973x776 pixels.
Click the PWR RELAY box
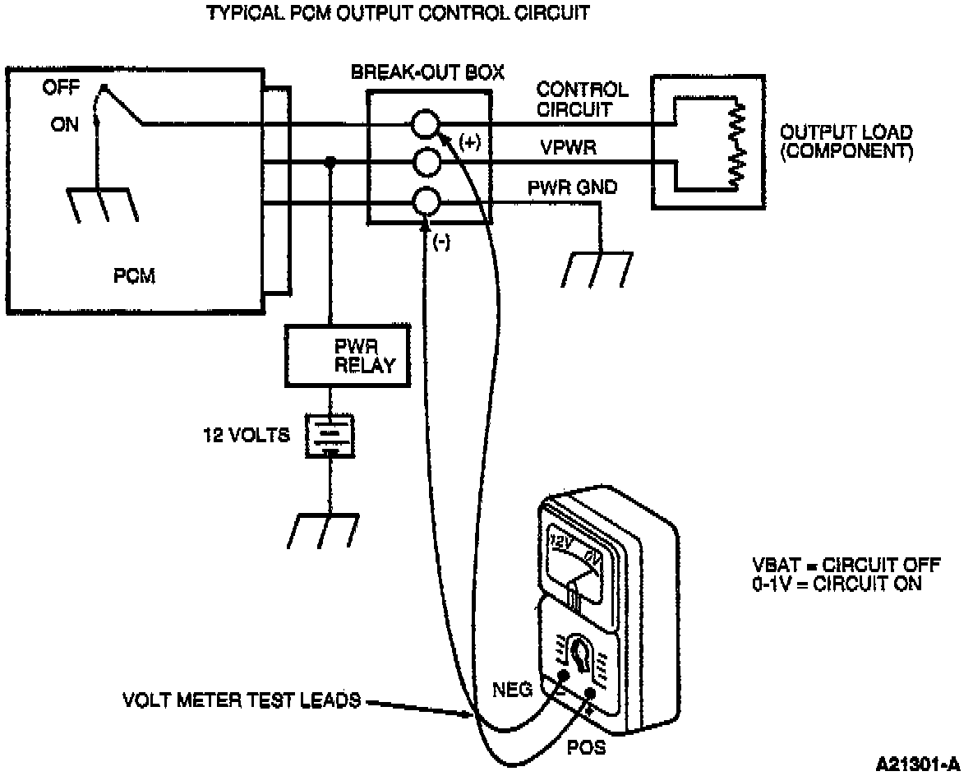click(x=348, y=356)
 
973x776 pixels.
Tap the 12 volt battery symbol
click(x=330, y=436)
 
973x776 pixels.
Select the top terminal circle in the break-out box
click(x=426, y=124)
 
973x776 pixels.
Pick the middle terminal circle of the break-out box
click(x=426, y=164)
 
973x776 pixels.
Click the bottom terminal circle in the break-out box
click(x=426, y=202)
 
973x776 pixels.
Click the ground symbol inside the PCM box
click(x=103, y=205)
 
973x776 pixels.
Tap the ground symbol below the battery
click(x=323, y=530)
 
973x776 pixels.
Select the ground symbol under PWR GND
click(x=597, y=270)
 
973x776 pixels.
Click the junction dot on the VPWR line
click(x=330, y=163)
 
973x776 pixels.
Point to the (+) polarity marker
click(x=470, y=143)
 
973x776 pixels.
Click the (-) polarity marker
click(x=441, y=242)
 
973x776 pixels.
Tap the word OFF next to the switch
click(x=61, y=87)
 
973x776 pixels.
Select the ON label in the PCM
click(x=65, y=125)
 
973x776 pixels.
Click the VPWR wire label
click(x=569, y=148)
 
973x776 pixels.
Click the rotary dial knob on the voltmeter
click(x=581, y=654)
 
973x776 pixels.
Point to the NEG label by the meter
click(x=513, y=689)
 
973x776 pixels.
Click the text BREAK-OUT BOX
click(x=427, y=72)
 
